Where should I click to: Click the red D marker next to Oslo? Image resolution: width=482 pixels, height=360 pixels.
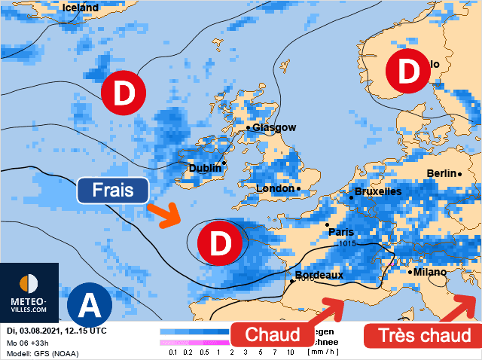(x=408, y=72)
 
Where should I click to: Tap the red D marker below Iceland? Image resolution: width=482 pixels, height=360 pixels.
(x=124, y=93)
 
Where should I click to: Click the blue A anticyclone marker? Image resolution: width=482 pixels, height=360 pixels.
(x=90, y=305)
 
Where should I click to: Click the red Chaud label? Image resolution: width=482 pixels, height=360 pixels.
(x=273, y=334)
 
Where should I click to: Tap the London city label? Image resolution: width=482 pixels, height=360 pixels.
(x=276, y=188)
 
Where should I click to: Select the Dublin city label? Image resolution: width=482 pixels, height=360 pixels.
(x=205, y=168)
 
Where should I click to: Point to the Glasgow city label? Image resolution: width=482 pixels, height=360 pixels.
(x=274, y=128)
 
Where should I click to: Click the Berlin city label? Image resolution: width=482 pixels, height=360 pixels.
(x=441, y=173)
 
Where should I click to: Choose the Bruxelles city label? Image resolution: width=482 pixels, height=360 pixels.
(x=377, y=192)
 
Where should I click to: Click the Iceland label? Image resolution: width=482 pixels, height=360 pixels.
(x=81, y=8)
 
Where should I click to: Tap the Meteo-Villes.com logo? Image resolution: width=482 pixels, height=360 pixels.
(x=29, y=293)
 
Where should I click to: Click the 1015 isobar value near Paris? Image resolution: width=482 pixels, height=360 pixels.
(x=347, y=243)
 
